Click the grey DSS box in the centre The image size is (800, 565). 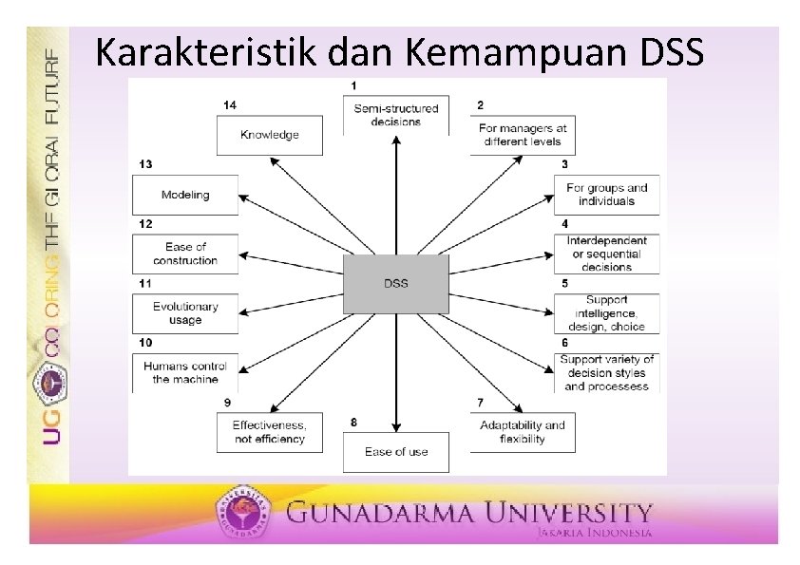coord(395,283)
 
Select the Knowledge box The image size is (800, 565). coord(269,135)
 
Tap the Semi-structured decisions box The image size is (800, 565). coord(396,115)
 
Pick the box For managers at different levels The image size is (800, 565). coord(522,135)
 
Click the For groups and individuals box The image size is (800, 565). coord(606,195)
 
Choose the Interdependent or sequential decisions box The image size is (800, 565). coord(606,254)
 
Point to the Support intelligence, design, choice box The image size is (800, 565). coord(606,313)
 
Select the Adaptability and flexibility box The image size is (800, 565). coord(522,432)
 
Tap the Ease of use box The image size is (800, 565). coord(396,451)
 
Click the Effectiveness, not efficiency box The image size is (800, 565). coord(269,432)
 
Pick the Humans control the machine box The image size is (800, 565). coord(185,372)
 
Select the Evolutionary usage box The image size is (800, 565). coord(185,313)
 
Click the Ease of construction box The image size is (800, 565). coord(185,254)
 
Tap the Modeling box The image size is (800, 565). coord(185,195)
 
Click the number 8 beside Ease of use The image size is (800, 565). coord(353,422)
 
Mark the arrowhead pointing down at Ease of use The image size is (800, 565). coord(396,428)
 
